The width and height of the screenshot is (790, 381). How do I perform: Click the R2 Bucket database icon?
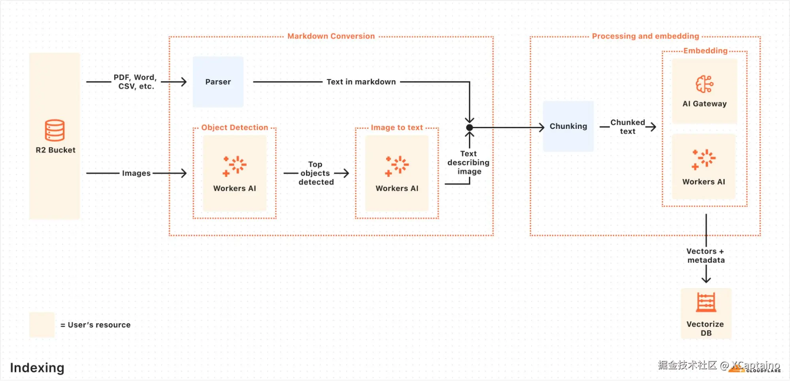click(x=55, y=130)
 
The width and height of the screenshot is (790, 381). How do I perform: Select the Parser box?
click(x=218, y=82)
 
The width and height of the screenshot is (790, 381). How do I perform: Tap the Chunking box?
click(x=568, y=126)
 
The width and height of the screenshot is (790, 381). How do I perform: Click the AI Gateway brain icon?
click(x=704, y=84)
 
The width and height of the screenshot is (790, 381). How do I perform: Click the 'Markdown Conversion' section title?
click(x=331, y=36)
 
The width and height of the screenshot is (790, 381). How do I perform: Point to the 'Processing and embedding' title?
click(x=645, y=36)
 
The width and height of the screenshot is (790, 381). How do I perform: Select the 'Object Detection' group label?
click(x=235, y=128)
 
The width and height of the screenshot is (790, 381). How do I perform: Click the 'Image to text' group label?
click(x=397, y=128)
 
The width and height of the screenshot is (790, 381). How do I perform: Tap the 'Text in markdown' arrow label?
click(x=361, y=82)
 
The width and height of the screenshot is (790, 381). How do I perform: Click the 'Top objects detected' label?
click(x=316, y=173)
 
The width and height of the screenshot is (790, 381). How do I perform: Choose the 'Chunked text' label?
click(x=628, y=127)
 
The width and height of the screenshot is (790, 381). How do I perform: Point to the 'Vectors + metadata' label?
click(x=706, y=256)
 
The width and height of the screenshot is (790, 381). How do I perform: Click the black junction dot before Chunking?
click(x=469, y=128)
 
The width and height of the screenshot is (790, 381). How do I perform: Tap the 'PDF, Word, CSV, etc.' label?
click(x=136, y=82)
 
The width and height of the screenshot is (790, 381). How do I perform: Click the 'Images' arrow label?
click(x=136, y=173)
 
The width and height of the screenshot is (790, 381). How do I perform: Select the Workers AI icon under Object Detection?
click(x=235, y=166)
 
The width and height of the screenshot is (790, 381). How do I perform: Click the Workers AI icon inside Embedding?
click(x=704, y=159)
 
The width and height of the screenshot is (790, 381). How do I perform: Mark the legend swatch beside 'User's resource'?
click(x=42, y=325)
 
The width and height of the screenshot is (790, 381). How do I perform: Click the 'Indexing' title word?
click(x=37, y=368)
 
